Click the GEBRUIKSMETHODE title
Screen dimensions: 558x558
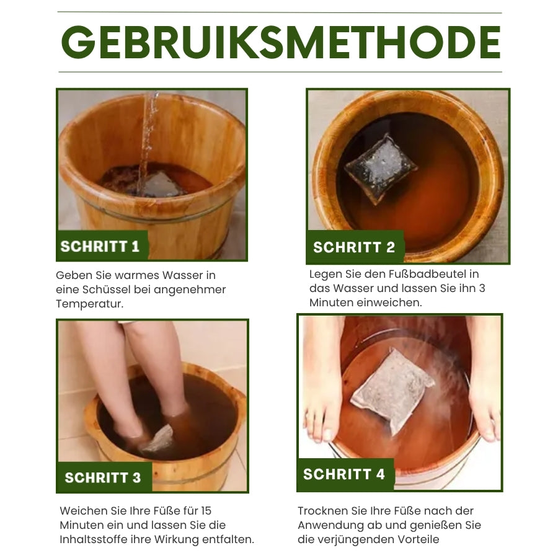[280, 43]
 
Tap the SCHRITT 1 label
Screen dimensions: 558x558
[100, 246]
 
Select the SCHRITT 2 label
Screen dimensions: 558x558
[354, 247]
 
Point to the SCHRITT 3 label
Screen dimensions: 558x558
[103, 477]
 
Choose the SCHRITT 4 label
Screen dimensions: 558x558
[344, 474]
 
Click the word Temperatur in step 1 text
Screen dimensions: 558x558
[89, 304]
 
